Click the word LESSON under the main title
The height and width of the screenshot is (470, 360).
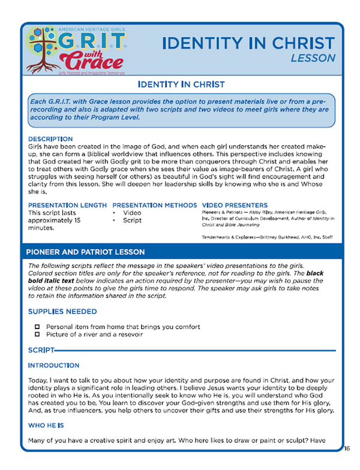point(313,59)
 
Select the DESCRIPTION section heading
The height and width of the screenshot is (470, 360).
point(51,137)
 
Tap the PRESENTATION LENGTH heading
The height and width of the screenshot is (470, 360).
point(67,204)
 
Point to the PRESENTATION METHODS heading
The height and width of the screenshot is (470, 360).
point(154,204)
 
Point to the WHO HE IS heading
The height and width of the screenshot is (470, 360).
point(48,427)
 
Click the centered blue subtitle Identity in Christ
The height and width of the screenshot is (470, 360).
point(179,85)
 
